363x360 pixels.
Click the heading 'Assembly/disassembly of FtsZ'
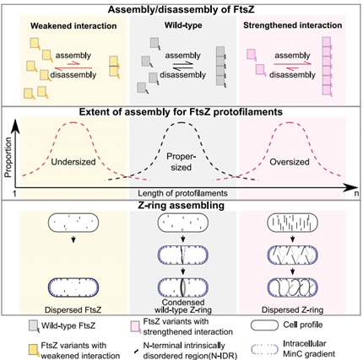point(181,9)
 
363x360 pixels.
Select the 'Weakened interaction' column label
point(73,26)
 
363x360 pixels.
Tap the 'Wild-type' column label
point(183,25)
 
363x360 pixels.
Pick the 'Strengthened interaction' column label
point(293,25)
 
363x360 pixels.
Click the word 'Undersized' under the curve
point(73,162)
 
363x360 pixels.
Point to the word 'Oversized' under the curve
point(290,162)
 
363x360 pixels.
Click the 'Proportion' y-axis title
point(8,158)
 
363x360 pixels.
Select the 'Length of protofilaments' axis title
point(182,193)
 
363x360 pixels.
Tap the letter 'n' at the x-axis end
point(356,193)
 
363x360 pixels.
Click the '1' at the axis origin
point(14,194)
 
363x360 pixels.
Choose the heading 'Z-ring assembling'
point(181,206)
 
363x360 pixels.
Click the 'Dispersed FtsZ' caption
point(73,309)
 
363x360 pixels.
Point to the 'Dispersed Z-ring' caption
point(292,309)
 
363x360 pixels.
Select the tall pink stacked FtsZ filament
point(327,67)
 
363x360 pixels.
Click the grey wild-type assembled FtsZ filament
point(221,66)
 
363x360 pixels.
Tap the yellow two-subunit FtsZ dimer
point(114,67)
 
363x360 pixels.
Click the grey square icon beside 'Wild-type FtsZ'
point(34,326)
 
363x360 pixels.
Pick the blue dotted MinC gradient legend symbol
point(264,349)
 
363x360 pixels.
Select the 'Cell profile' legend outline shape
point(264,325)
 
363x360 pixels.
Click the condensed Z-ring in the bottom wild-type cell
point(182,287)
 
